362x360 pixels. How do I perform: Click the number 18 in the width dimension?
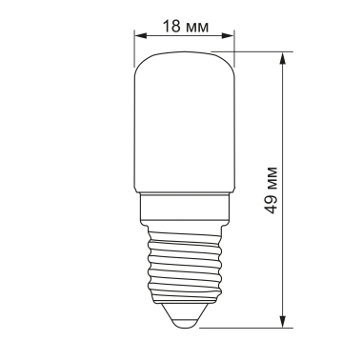pyautogui.click(x=170, y=26)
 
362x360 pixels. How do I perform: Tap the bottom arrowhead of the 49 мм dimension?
pyautogui.click(x=284, y=322)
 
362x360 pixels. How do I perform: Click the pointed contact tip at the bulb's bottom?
pyautogui.click(x=185, y=322)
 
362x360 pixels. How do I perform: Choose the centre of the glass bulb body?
pyautogui.click(x=185, y=124)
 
